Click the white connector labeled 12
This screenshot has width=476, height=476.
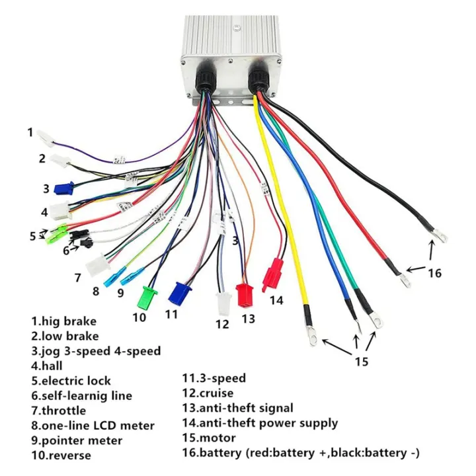click(223, 303)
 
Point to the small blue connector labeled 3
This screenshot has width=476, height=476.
click(63, 188)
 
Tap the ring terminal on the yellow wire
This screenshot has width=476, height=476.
click(311, 340)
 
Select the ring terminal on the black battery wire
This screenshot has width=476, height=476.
click(439, 234)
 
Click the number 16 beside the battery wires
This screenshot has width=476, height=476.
click(434, 272)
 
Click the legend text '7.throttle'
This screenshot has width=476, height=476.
click(58, 411)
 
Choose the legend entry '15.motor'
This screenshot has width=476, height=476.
click(209, 438)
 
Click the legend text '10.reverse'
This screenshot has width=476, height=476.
click(61, 455)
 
